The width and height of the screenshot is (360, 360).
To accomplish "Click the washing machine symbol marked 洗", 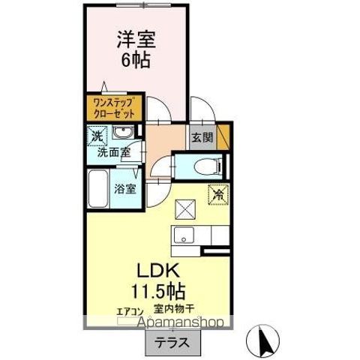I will tap(96, 136).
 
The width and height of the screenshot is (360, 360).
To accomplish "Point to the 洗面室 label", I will tap(112, 151).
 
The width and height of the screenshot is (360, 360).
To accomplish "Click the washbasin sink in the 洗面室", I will tap(123, 134).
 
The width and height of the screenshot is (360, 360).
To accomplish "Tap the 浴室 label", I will tap(125, 189).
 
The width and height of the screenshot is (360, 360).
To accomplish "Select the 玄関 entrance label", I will tap(201, 137).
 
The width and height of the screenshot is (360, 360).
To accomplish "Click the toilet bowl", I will tap(203, 166).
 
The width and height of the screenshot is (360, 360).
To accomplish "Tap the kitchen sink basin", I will tap(183, 237).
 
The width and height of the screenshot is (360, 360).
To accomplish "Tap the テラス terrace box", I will tap(172, 344).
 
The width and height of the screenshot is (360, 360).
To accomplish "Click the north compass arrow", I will tap(264, 340).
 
